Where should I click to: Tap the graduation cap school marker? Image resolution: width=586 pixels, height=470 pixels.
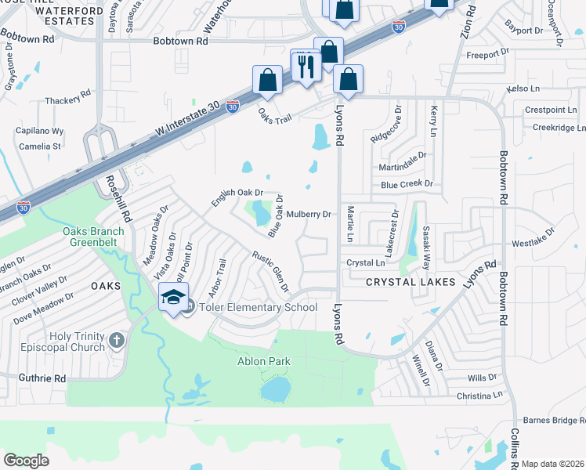[173, 297]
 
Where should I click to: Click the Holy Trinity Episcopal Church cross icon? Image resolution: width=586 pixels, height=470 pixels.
[117, 340]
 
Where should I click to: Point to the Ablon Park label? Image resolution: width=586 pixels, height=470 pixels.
[264, 361]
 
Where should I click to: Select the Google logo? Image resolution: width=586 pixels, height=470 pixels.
[27, 460]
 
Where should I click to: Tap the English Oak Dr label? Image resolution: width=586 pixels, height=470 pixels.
[236, 197]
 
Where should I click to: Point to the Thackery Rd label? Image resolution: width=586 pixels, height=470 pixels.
[68, 100]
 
